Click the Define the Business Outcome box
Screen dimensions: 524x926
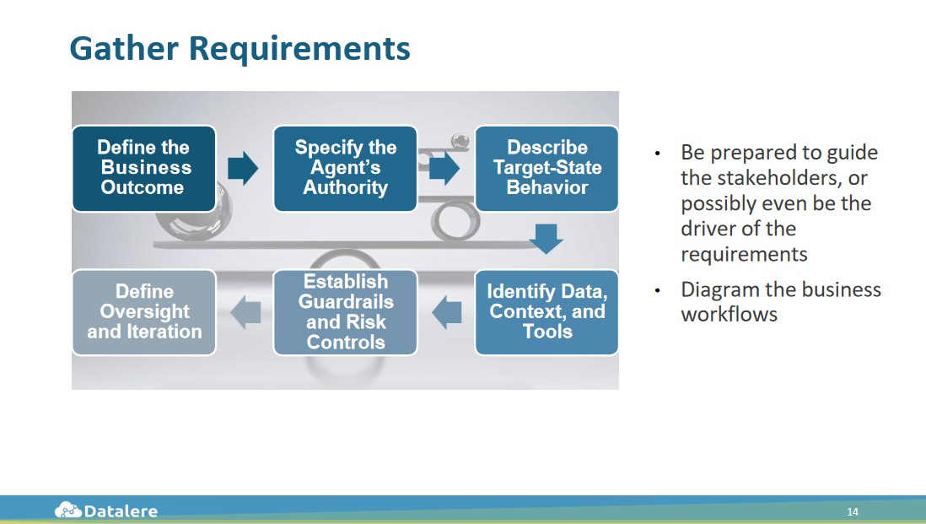143,168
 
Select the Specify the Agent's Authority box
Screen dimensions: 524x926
345,168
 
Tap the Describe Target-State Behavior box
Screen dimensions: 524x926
546,168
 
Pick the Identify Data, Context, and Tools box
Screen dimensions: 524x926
546,312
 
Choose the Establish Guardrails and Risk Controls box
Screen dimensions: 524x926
345,312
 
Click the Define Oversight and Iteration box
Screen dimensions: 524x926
143,312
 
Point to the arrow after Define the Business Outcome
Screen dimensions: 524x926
243,168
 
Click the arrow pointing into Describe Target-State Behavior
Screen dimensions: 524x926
444,168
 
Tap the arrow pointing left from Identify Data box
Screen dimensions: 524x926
447,313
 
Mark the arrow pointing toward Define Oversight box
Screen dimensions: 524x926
245,313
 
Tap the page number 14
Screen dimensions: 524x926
853,512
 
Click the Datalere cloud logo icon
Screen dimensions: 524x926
68,510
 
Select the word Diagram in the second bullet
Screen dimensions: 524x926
718,289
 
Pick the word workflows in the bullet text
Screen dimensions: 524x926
729,315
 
